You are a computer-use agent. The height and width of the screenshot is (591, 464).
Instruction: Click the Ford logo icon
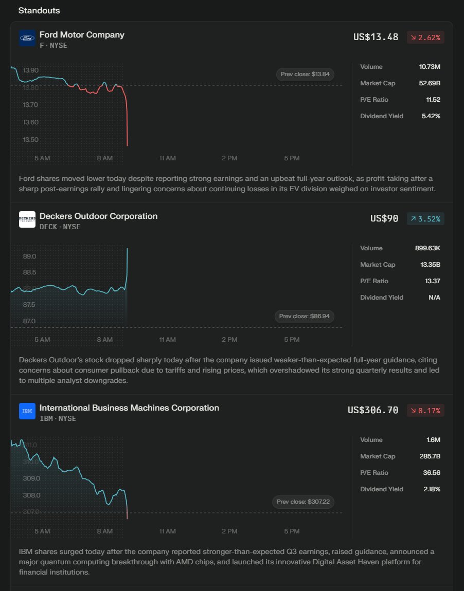pyautogui.click(x=27, y=39)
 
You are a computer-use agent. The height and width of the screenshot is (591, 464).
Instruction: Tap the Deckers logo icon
pyautogui.click(x=27, y=219)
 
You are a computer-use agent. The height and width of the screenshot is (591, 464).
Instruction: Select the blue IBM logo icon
pyautogui.click(x=27, y=411)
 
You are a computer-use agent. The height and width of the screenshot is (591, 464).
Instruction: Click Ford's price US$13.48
pyautogui.click(x=376, y=37)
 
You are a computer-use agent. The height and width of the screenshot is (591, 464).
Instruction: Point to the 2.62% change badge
pyautogui.click(x=425, y=38)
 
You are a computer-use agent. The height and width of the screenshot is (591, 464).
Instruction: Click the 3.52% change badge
pyautogui.click(x=425, y=219)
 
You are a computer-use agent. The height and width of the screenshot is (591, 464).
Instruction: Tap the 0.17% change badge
pyautogui.click(x=425, y=411)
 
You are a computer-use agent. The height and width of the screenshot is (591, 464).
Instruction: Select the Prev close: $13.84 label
pyautogui.click(x=305, y=75)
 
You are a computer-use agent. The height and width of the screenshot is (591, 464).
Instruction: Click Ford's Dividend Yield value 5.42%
pyautogui.click(x=431, y=116)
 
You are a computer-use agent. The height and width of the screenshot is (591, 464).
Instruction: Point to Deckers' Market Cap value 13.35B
pyautogui.click(x=430, y=265)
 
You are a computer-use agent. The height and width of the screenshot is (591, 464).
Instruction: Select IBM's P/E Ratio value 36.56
pyautogui.click(x=431, y=473)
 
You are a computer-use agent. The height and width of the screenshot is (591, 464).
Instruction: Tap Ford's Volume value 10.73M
pyautogui.click(x=430, y=67)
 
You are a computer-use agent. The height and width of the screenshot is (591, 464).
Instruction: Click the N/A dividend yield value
pyautogui.click(x=434, y=298)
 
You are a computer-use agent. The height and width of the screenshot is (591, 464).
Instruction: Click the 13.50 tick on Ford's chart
pyautogui.click(x=30, y=140)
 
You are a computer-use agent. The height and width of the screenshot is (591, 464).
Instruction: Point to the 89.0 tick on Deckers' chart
pyautogui.click(x=29, y=256)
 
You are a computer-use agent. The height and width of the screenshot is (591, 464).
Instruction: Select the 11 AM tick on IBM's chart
pyautogui.click(x=167, y=531)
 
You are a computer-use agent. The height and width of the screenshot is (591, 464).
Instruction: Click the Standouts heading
pyautogui.click(x=39, y=10)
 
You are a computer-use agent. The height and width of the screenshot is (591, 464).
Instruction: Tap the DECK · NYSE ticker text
pyautogui.click(x=60, y=227)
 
